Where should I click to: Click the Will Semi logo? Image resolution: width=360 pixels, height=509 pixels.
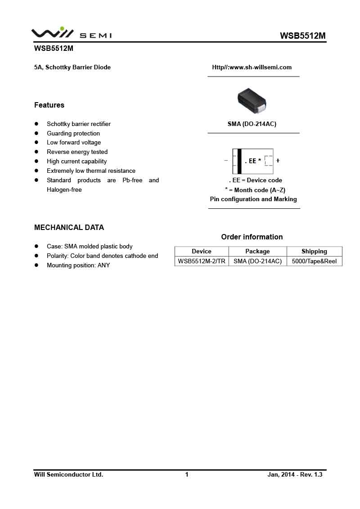click(x=71, y=33)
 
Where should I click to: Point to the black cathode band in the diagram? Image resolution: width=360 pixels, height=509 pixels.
click(x=239, y=161)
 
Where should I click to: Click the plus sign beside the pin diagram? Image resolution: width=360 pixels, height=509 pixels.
click(x=278, y=161)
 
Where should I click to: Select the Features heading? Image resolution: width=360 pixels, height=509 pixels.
click(x=49, y=105)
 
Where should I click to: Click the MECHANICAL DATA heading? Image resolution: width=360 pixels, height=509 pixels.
click(x=69, y=228)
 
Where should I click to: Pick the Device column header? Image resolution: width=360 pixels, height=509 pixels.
click(x=201, y=252)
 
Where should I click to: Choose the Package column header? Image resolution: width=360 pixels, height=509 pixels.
click(x=257, y=252)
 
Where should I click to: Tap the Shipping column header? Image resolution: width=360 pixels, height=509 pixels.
click(x=314, y=252)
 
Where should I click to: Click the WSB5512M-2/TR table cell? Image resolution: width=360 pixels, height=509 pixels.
click(x=202, y=261)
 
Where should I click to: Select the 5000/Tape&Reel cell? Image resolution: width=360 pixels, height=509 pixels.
click(x=314, y=261)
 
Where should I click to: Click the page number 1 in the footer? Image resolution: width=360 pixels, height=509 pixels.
click(x=187, y=475)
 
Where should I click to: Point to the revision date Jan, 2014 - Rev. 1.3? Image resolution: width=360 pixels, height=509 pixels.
click(x=295, y=475)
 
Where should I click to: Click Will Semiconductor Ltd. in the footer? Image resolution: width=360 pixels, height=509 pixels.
click(x=68, y=475)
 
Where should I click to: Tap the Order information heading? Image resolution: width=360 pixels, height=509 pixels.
click(x=252, y=237)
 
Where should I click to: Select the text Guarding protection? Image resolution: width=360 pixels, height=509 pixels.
click(x=73, y=134)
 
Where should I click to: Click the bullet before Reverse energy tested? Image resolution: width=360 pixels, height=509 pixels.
click(x=36, y=152)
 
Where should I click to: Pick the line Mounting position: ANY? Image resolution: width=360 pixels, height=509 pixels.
click(x=78, y=266)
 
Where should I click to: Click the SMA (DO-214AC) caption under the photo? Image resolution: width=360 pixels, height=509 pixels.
click(x=252, y=124)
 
